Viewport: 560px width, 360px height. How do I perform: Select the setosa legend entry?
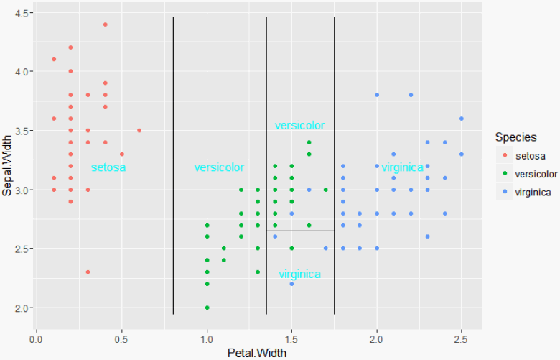click(x=530, y=156)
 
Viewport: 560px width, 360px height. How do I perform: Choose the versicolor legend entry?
click(x=536, y=174)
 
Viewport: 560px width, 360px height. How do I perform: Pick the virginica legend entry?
click(x=533, y=192)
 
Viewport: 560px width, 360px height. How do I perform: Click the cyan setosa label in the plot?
click(x=108, y=168)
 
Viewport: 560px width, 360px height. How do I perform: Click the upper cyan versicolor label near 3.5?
click(x=299, y=126)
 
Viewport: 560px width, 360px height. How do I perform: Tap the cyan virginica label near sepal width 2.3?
click(x=299, y=274)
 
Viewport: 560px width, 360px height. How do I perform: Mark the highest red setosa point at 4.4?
click(x=105, y=24)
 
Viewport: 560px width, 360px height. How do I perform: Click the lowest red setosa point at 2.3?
click(x=88, y=272)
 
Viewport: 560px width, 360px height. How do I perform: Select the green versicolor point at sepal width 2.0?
click(x=207, y=308)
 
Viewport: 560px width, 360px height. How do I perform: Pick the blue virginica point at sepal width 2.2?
click(x=292, y=284)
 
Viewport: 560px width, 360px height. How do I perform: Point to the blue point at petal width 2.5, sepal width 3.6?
click(x=462, y=119)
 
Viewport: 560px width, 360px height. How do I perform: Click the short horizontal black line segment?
click(x=300, y=231)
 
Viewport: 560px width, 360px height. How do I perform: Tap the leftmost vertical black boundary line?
click(x=173, y=165)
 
